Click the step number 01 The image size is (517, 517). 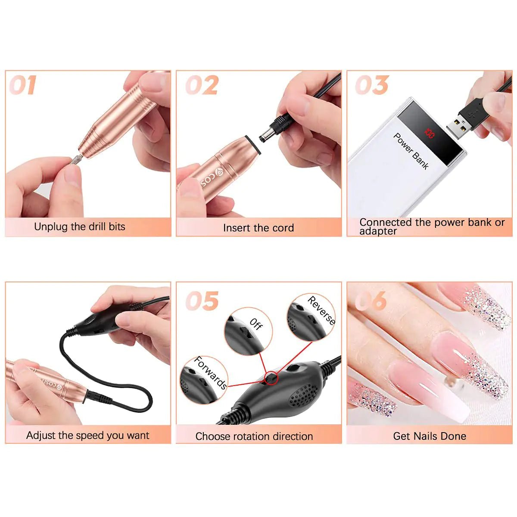coord(23,85)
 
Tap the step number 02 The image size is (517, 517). coord(202,85)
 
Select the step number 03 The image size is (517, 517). coord(372,85)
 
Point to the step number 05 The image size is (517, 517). coord(202,301)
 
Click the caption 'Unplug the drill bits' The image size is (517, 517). coord(80,227)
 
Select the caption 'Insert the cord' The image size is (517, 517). coord(258,228)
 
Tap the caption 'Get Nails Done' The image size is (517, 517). coord(430,436)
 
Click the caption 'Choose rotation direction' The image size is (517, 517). coord(254,436)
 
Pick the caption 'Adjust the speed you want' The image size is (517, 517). coord(88,435)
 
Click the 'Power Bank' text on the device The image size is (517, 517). coord(411,151)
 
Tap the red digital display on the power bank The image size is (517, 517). coord(430,133)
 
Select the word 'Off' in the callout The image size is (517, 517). coord(255,324)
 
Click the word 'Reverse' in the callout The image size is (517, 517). coord(321,310)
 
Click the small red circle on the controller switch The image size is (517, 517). coord(272,378)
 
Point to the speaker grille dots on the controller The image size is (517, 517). coord(303,395)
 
